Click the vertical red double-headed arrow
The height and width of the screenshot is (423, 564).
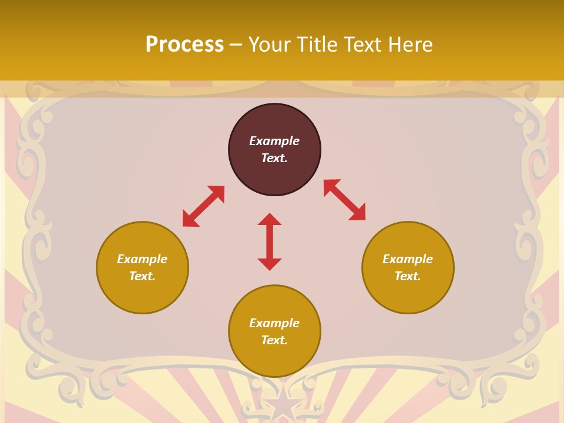click(x=270, y=241)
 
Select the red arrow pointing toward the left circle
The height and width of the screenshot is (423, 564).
click(x=203, y=206)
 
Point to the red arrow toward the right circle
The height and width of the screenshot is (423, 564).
click(x=345, y=200)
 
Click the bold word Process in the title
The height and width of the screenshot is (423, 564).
click(x=184, y=45)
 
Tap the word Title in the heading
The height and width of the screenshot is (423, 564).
click(x=315, y=45)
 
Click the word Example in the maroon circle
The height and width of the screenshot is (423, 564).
click(x=274, y=141)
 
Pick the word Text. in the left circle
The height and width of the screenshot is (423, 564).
click(x=142, y=276)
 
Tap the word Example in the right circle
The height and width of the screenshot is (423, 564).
click(x=408, y=259)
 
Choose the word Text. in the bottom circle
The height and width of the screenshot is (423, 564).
click(x=274, y=340)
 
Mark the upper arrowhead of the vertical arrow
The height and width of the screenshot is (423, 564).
click(x=270, y=220)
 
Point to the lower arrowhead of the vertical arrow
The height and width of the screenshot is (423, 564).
click(x=270, y=264)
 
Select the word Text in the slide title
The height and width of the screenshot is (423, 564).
click(x=361, y=45)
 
